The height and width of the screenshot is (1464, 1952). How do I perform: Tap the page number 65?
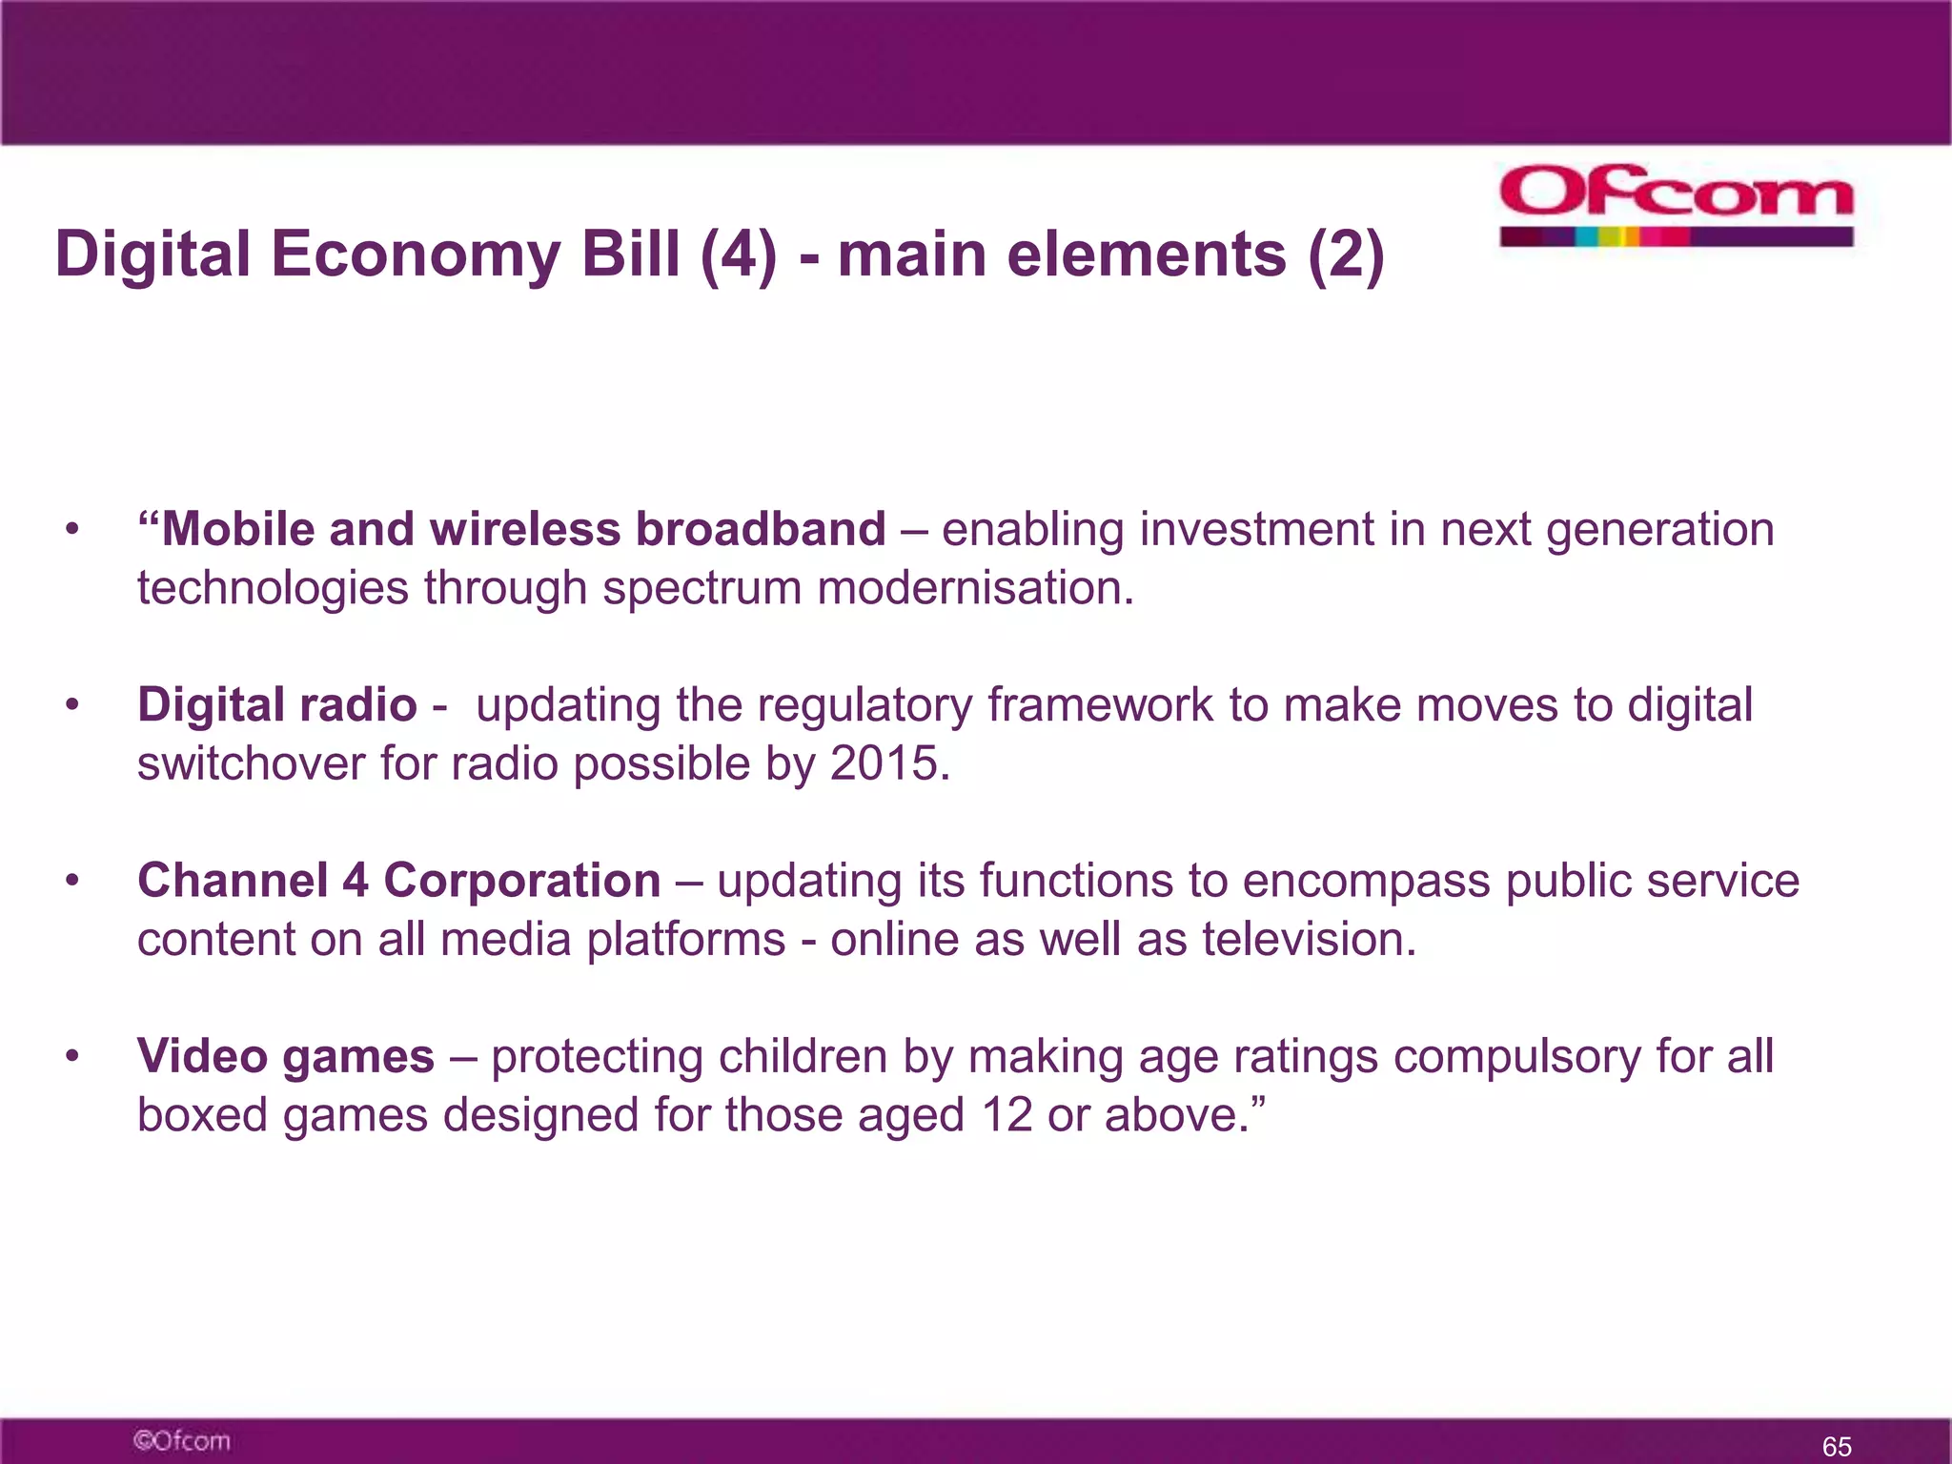(1836, 1446)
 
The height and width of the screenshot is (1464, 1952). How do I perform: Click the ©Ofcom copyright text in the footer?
(181, 1440)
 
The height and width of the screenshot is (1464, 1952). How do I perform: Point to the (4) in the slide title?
(738, 255)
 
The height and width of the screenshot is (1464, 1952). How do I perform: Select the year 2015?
(888, 763)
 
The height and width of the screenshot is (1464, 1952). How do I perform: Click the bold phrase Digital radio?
(276, 705)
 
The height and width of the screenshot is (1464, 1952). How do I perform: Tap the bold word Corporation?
(521, 881)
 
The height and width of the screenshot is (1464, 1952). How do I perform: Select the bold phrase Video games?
(285, 1057)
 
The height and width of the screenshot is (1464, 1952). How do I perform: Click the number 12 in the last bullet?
(1006, 1115)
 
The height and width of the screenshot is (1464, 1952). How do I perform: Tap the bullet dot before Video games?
(71, 1057)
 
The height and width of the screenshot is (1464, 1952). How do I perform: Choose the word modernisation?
(974, 588)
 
